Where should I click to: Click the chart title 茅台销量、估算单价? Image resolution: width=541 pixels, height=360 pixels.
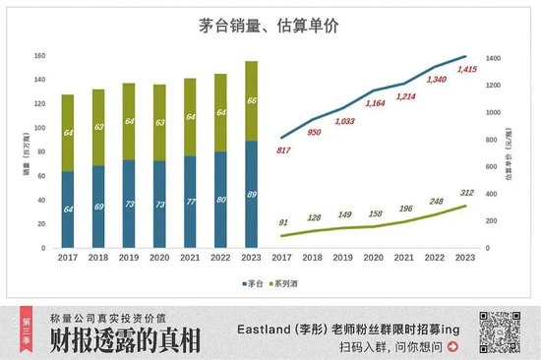point(270,28)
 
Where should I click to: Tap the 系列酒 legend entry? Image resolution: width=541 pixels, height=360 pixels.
point(289,283)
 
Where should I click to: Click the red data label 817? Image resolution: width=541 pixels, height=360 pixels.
point(283,150)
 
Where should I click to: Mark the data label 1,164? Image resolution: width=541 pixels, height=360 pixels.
point(375,102)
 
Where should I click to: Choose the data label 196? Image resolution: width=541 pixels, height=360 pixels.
point(406,209)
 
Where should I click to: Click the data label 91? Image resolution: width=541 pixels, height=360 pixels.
point(283,222)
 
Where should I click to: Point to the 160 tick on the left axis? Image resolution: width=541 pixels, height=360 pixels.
point(40,55)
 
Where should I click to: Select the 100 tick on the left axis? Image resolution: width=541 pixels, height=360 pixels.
point(40,128)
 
